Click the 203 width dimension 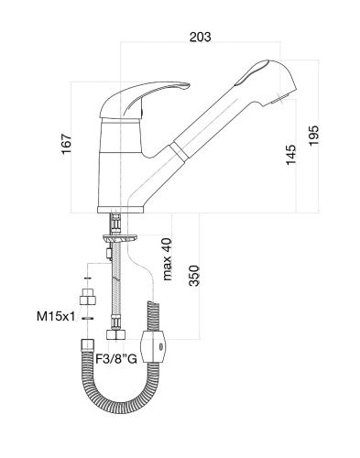pos(200,37)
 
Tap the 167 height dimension pos(66,144)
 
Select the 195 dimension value pos(313,136)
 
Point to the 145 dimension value pos(291,155)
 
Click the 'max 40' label pos(167,259)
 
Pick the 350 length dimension pos(194,276)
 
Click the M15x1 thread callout pos(56,316)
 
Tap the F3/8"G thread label pos(116,359)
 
